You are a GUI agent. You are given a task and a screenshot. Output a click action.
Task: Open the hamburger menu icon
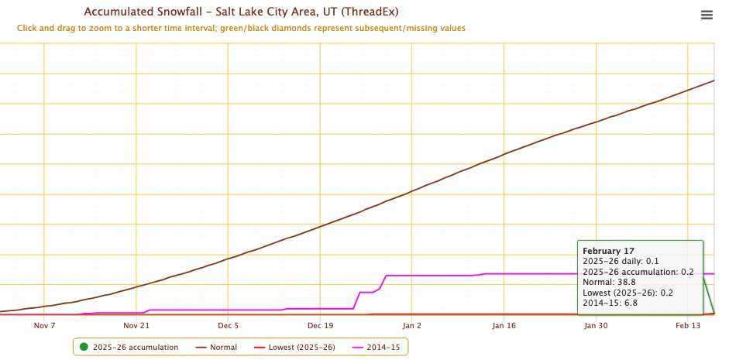pyautogui.click(x=707, y=15)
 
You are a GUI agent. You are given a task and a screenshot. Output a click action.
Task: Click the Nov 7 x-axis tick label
pyautogui.click(x=44, y=326)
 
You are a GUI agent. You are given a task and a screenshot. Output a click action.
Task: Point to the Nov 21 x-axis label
pyautogui.click(x=136, y=326)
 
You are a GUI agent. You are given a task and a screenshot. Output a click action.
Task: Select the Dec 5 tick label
pyautogui.click(x=228, y=326)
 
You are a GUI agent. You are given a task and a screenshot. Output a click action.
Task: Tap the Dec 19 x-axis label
pyautogui.click(x=319, y=326)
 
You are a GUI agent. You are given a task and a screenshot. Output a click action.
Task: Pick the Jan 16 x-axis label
pyautogui.click(x=504, y=326)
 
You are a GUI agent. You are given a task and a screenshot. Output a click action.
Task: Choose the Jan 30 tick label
pyautogui.click(x=596, y=326)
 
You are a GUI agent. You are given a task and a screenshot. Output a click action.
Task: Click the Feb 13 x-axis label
pyautogui.click(x=687, y=326)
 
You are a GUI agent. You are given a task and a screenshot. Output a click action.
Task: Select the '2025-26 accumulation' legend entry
pyautogui.click(x=136, y=347)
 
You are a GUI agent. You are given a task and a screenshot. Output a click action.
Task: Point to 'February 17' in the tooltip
pyautogui.click(x=608, y=252)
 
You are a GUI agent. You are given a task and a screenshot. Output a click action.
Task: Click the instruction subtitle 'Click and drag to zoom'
pyautogui.click(x=240, y=28)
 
